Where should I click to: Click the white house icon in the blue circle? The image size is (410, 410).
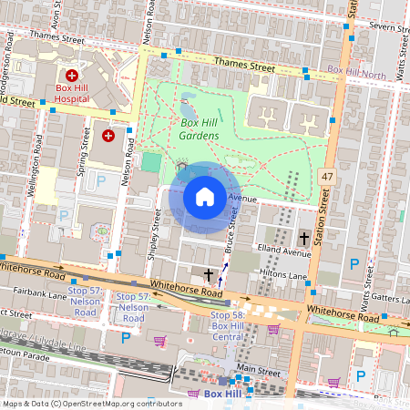pos(205,197)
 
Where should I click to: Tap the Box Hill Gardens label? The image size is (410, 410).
pos(199,129)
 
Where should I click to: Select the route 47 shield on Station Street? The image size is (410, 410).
pos(327,174)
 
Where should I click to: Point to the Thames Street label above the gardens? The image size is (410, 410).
pos(244,65)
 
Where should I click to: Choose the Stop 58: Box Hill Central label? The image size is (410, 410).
pos(215,325)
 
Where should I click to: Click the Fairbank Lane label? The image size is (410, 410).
pos(41,294)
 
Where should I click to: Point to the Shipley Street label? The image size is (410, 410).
pos(156,231)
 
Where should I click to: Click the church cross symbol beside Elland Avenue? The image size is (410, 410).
pos(303,238)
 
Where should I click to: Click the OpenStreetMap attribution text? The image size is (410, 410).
pos(92,403)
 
